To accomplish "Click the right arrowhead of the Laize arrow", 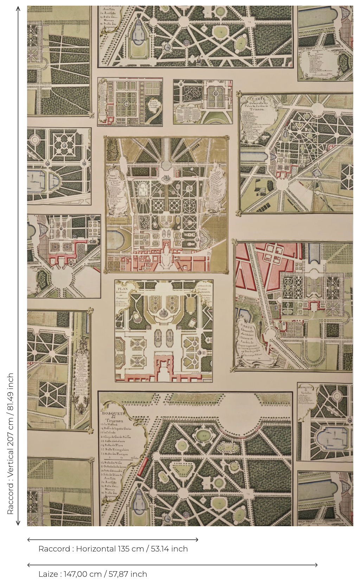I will click(x=316, y=565).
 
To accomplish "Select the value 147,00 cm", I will click(x=82, y=574).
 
